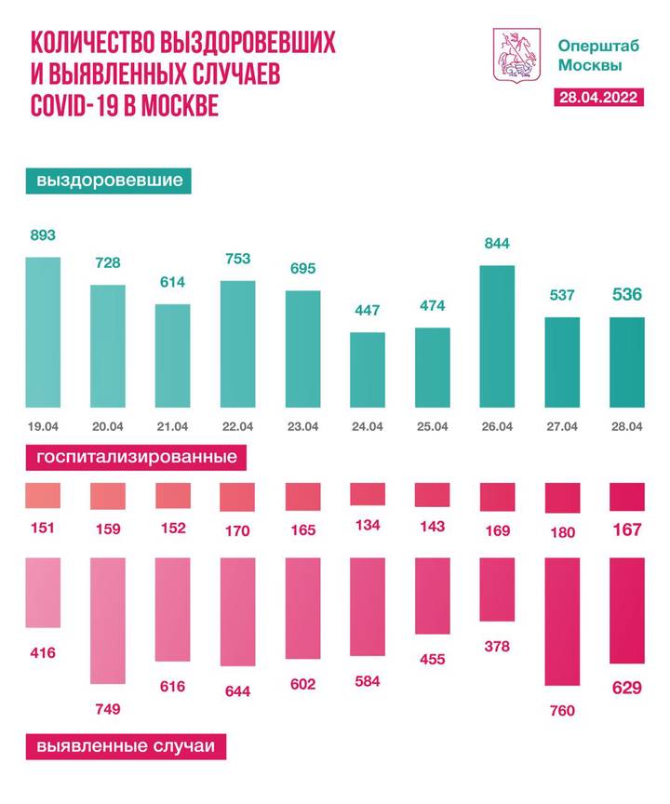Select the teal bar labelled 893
click(43, 332)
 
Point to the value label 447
click(367, 310)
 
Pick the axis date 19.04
click(43, 427)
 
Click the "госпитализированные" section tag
click(136, 458)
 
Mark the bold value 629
click(626, 689)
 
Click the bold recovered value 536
click(626, 297)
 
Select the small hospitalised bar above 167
click(626, 497)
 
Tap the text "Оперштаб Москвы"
click(589, 55)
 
